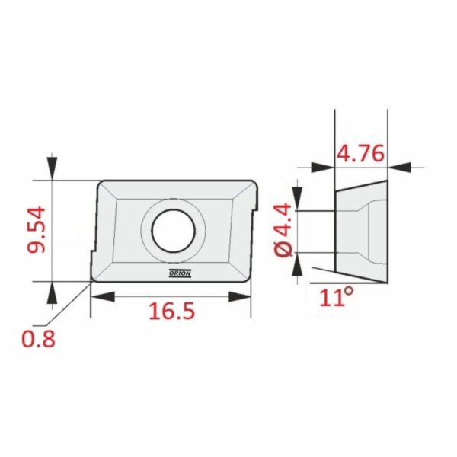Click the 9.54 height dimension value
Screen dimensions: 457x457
tap(37, 229)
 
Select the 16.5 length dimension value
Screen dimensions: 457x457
tap(171, 311)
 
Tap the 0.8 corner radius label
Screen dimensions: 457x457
tap(39, 339)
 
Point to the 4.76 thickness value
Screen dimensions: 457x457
tap(360, 153)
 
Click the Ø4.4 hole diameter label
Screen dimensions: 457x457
tap(283, 231)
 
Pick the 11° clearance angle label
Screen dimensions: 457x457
tap(337, 297)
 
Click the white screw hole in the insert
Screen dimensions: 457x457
tap(174, 231)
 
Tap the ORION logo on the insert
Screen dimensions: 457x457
tap(180, 273)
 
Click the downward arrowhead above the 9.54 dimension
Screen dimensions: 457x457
tap(52, 168)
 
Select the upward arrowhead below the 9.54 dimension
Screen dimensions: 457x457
tap(52, 293)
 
